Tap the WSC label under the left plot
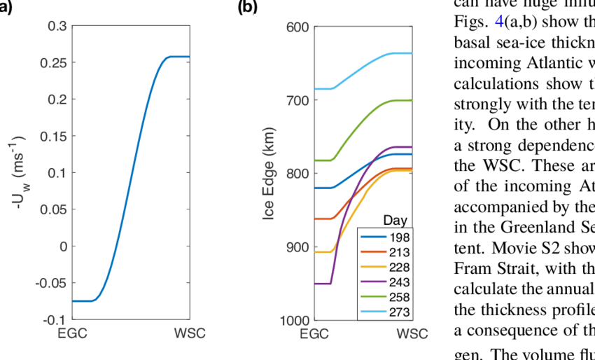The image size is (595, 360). click(x=189, y=333)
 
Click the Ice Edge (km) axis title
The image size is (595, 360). click(x=268, y=174)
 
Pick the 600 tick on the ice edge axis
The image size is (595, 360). click(x=298, y=27)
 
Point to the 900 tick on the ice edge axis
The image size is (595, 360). click(x=298, y=247)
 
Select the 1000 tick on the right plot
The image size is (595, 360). click(x=295, y=320)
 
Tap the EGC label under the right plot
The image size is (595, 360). click(x=315, y=333)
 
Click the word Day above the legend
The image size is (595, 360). click(x=395, y=221)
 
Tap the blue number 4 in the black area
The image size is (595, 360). click(x=499, y=22)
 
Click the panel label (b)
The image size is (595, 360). click(x=248, y=8)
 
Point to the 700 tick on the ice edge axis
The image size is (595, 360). click(x=298, y=100)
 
